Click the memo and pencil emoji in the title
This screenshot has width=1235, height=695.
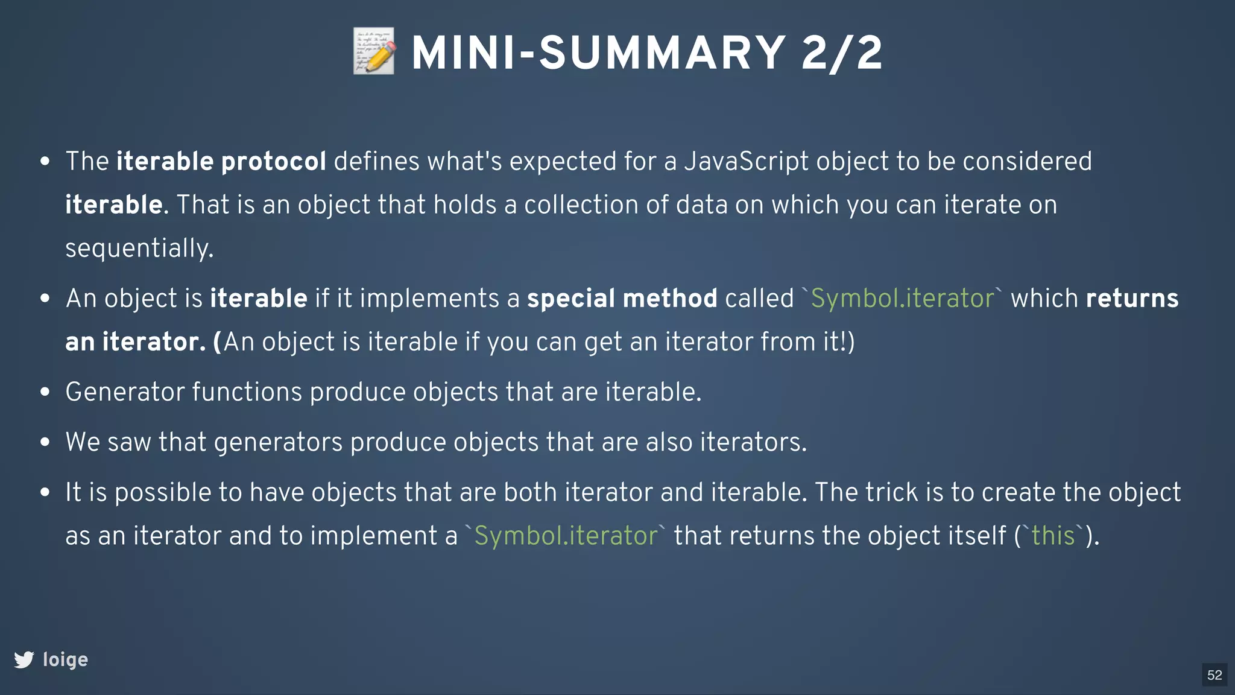tap(374, 51)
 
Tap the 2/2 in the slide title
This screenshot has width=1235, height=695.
tap(842, 53)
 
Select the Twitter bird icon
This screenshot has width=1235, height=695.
tap(24, 659)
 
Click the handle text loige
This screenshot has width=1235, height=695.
tap(65, 659)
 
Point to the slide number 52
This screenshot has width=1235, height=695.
tap(1214, 674)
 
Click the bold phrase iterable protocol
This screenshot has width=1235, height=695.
tap(221, 162)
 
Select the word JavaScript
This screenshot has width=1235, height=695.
tap(746, 162)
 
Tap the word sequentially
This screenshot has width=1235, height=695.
tap(139, 249)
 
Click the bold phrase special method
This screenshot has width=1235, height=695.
tap(622, 299)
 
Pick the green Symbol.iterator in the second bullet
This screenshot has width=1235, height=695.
tap(902, 299)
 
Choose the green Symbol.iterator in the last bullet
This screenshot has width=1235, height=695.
tap(566, 536)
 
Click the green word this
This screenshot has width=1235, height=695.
tap(1053, 536)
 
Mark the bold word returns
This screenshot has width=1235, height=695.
tap(1132, 299)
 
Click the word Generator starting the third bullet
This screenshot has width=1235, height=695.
tap(125, 392)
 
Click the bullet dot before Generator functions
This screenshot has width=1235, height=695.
tap(45, 392)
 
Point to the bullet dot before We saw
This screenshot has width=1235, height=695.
tap(45, 442)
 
